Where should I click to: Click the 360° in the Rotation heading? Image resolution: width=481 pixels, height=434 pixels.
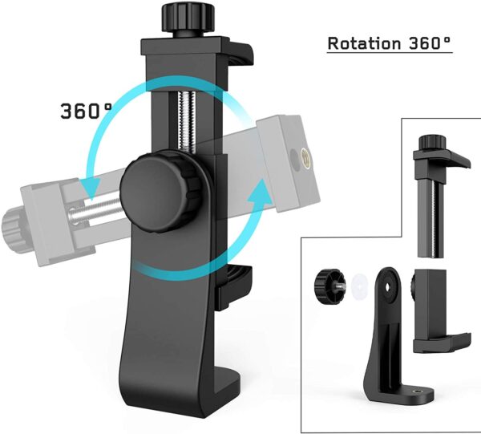[x=425, y=43]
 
